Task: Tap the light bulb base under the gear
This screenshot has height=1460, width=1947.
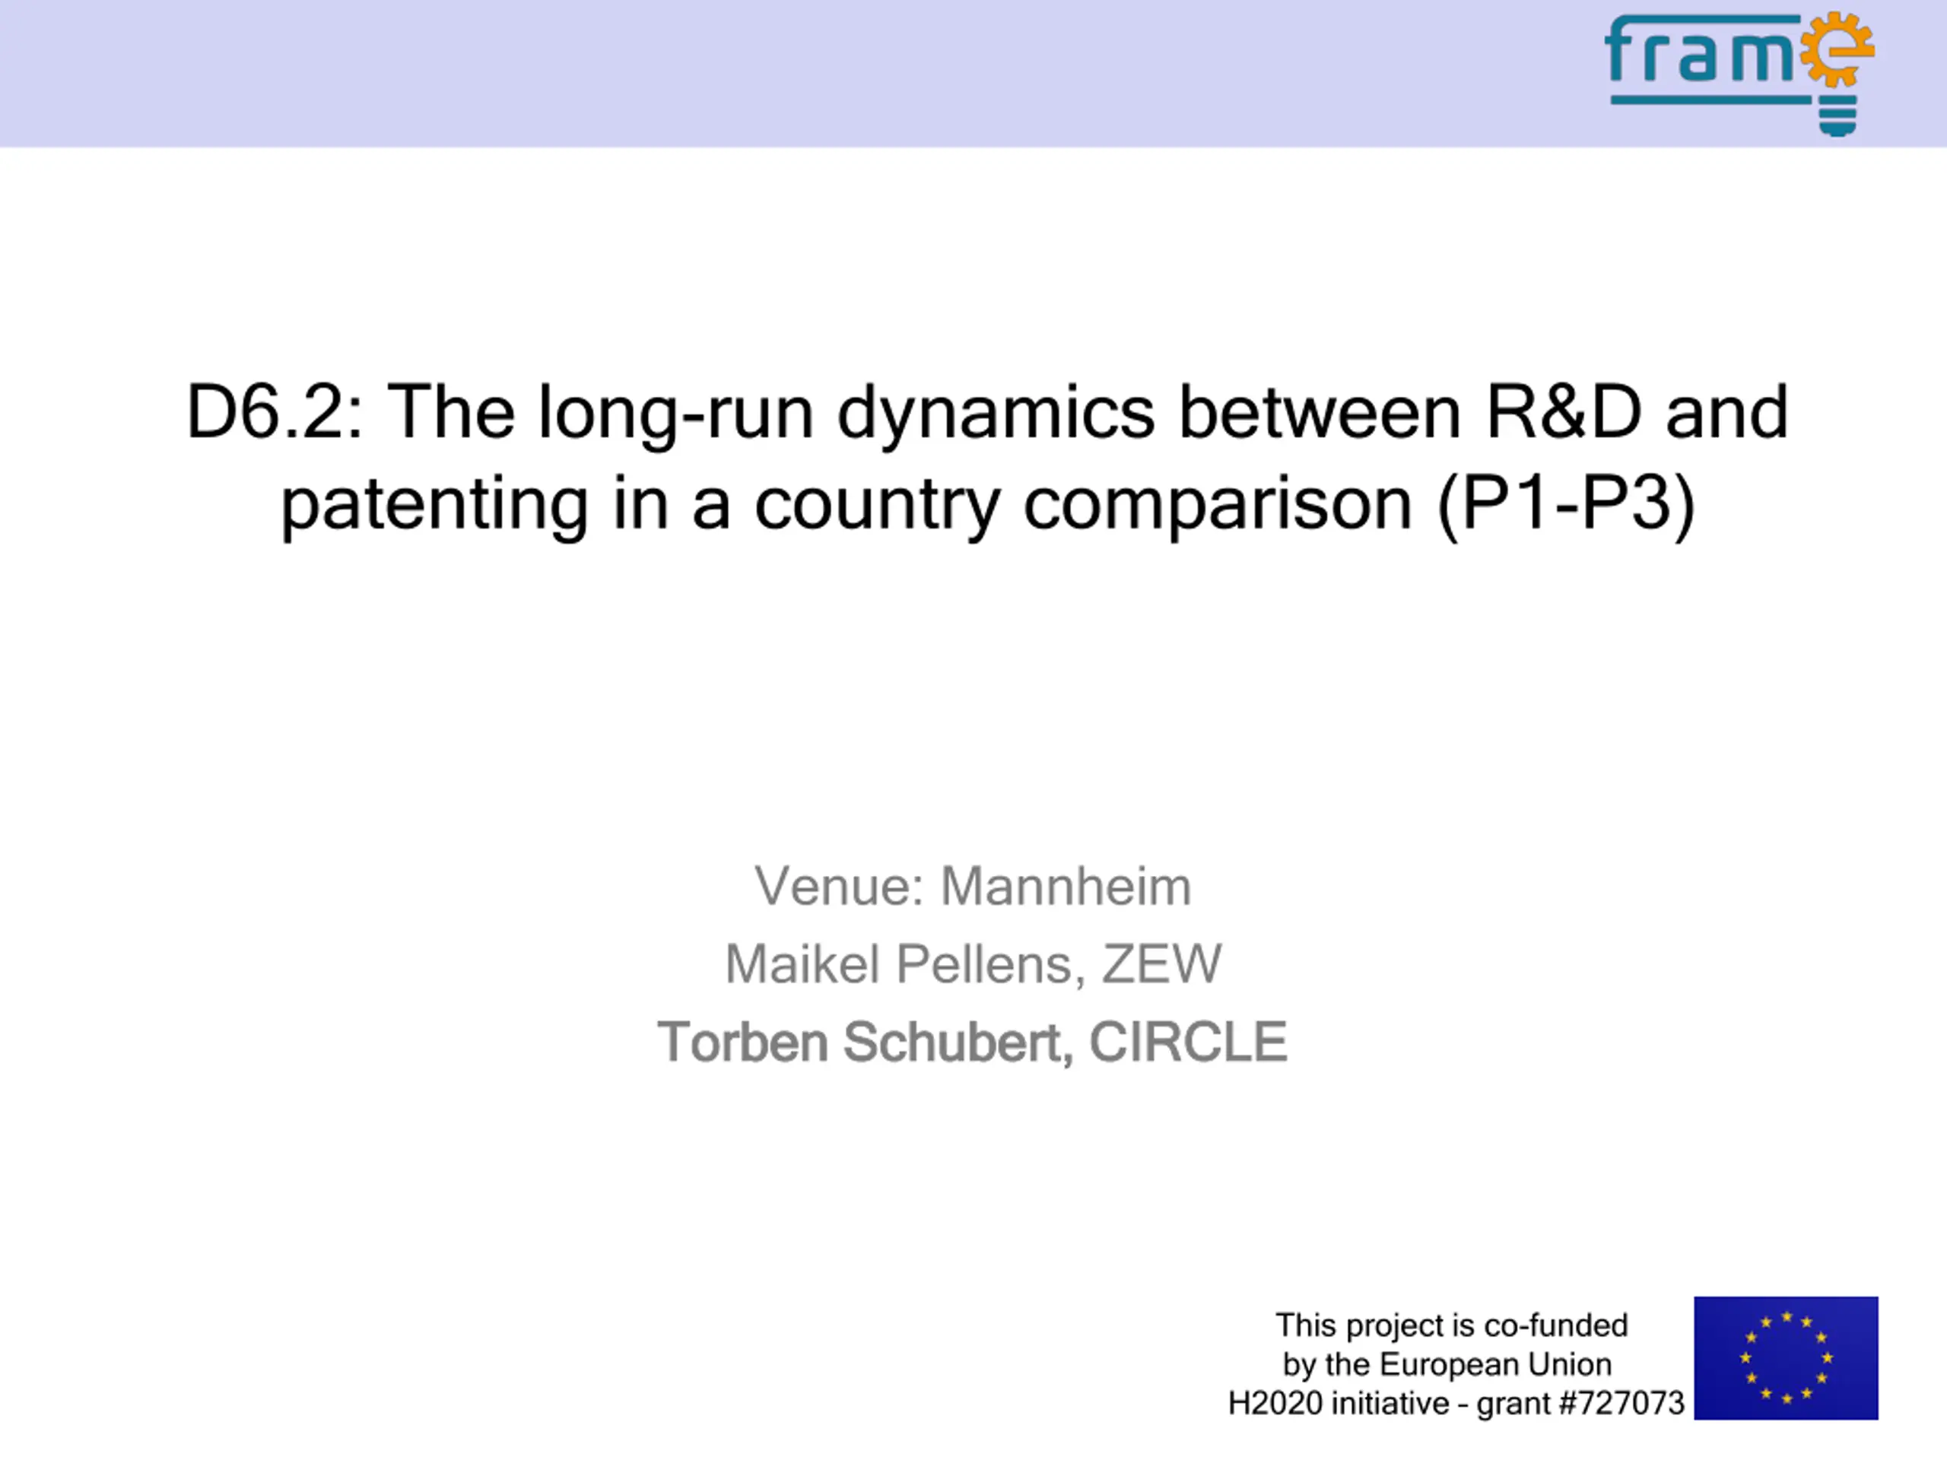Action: [x=1837, y=114]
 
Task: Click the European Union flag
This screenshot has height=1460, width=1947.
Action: [x=1786, y=1358]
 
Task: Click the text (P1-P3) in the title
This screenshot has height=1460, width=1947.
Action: [x=1566, y=505]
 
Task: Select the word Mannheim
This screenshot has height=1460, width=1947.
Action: [x=1066, y=885]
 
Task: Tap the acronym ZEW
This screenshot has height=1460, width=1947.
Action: [x=1162, y=963]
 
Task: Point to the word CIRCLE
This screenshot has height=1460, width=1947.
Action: [x=1188, y=1042]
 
